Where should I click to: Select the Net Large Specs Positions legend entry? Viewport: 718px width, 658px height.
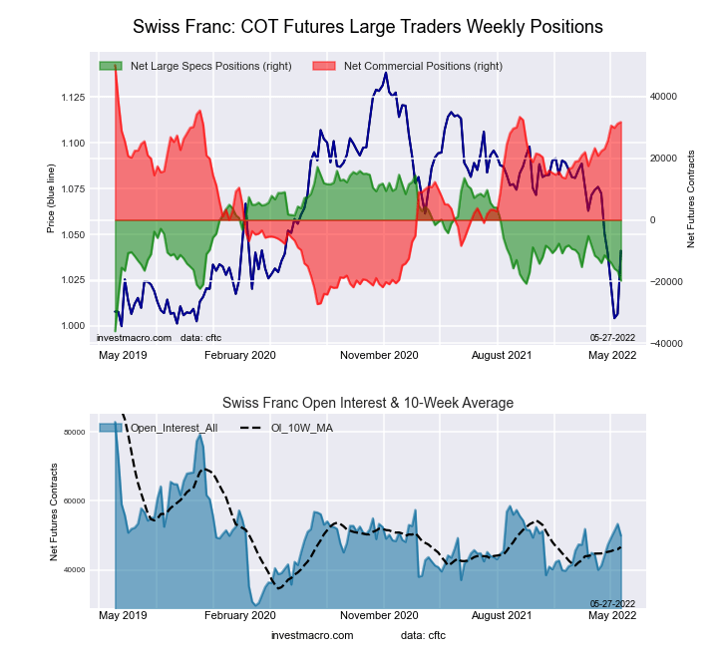pos(210,66)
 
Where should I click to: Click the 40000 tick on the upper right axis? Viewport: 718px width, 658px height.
pos(663,97)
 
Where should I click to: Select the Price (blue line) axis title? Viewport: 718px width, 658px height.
pos(51,196)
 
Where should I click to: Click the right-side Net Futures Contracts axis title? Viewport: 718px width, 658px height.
pos(690,199)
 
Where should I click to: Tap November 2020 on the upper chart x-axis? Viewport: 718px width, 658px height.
pos(379,354)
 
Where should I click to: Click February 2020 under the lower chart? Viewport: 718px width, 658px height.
pos(239,616)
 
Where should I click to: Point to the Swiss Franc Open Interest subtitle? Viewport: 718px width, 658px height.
pos(368,403)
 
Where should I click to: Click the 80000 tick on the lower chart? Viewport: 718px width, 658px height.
pos(75,432)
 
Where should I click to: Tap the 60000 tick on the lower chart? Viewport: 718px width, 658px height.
pos(75,500)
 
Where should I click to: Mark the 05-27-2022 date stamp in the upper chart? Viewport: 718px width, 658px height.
pos(612,338)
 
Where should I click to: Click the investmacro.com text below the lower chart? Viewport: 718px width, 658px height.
pos(312,635)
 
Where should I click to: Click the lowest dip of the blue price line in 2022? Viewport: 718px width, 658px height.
pos(614,318)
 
